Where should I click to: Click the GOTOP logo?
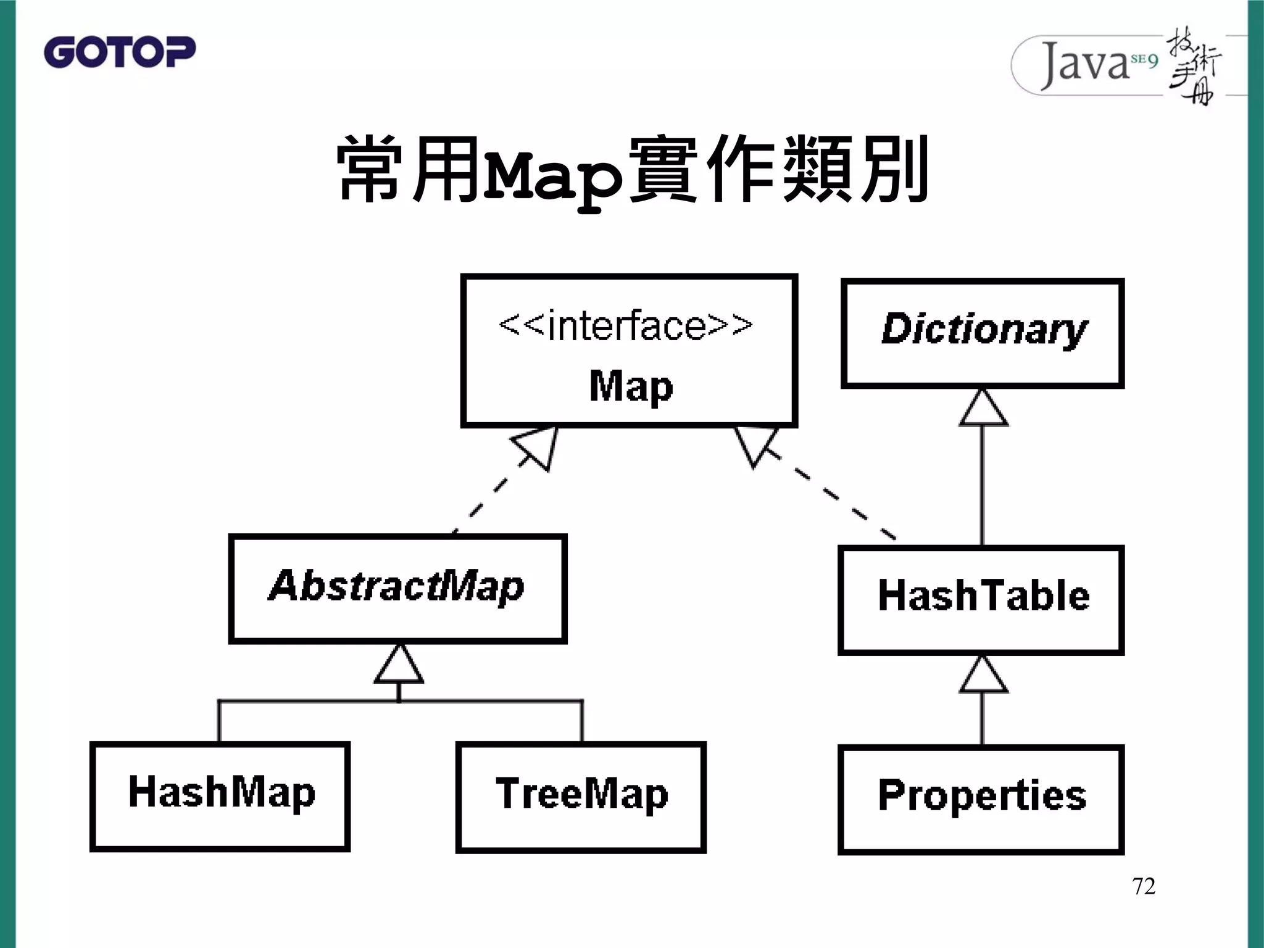click(x=120, y=52)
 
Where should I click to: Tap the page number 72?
click(x=1144, y=886)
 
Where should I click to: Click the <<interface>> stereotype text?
click(x=626, y=325)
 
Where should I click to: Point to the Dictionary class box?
click(x=983, y=333)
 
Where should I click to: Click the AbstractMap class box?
click(x=397, y=589)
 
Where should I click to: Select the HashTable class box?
click(x=981, y=600)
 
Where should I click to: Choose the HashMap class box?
click(x=220, y=797)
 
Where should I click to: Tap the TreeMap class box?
click(x=581, y=797)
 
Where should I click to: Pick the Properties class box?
click(x=981, y=799)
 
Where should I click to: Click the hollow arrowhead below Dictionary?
click(x=983, y=409)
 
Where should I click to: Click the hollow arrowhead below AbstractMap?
click(x=399, y=665)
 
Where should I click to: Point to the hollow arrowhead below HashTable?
click(x=983, y=675)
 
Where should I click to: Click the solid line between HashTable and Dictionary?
click(x=983, y=488)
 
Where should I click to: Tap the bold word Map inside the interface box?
click(x=631, y=387)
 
